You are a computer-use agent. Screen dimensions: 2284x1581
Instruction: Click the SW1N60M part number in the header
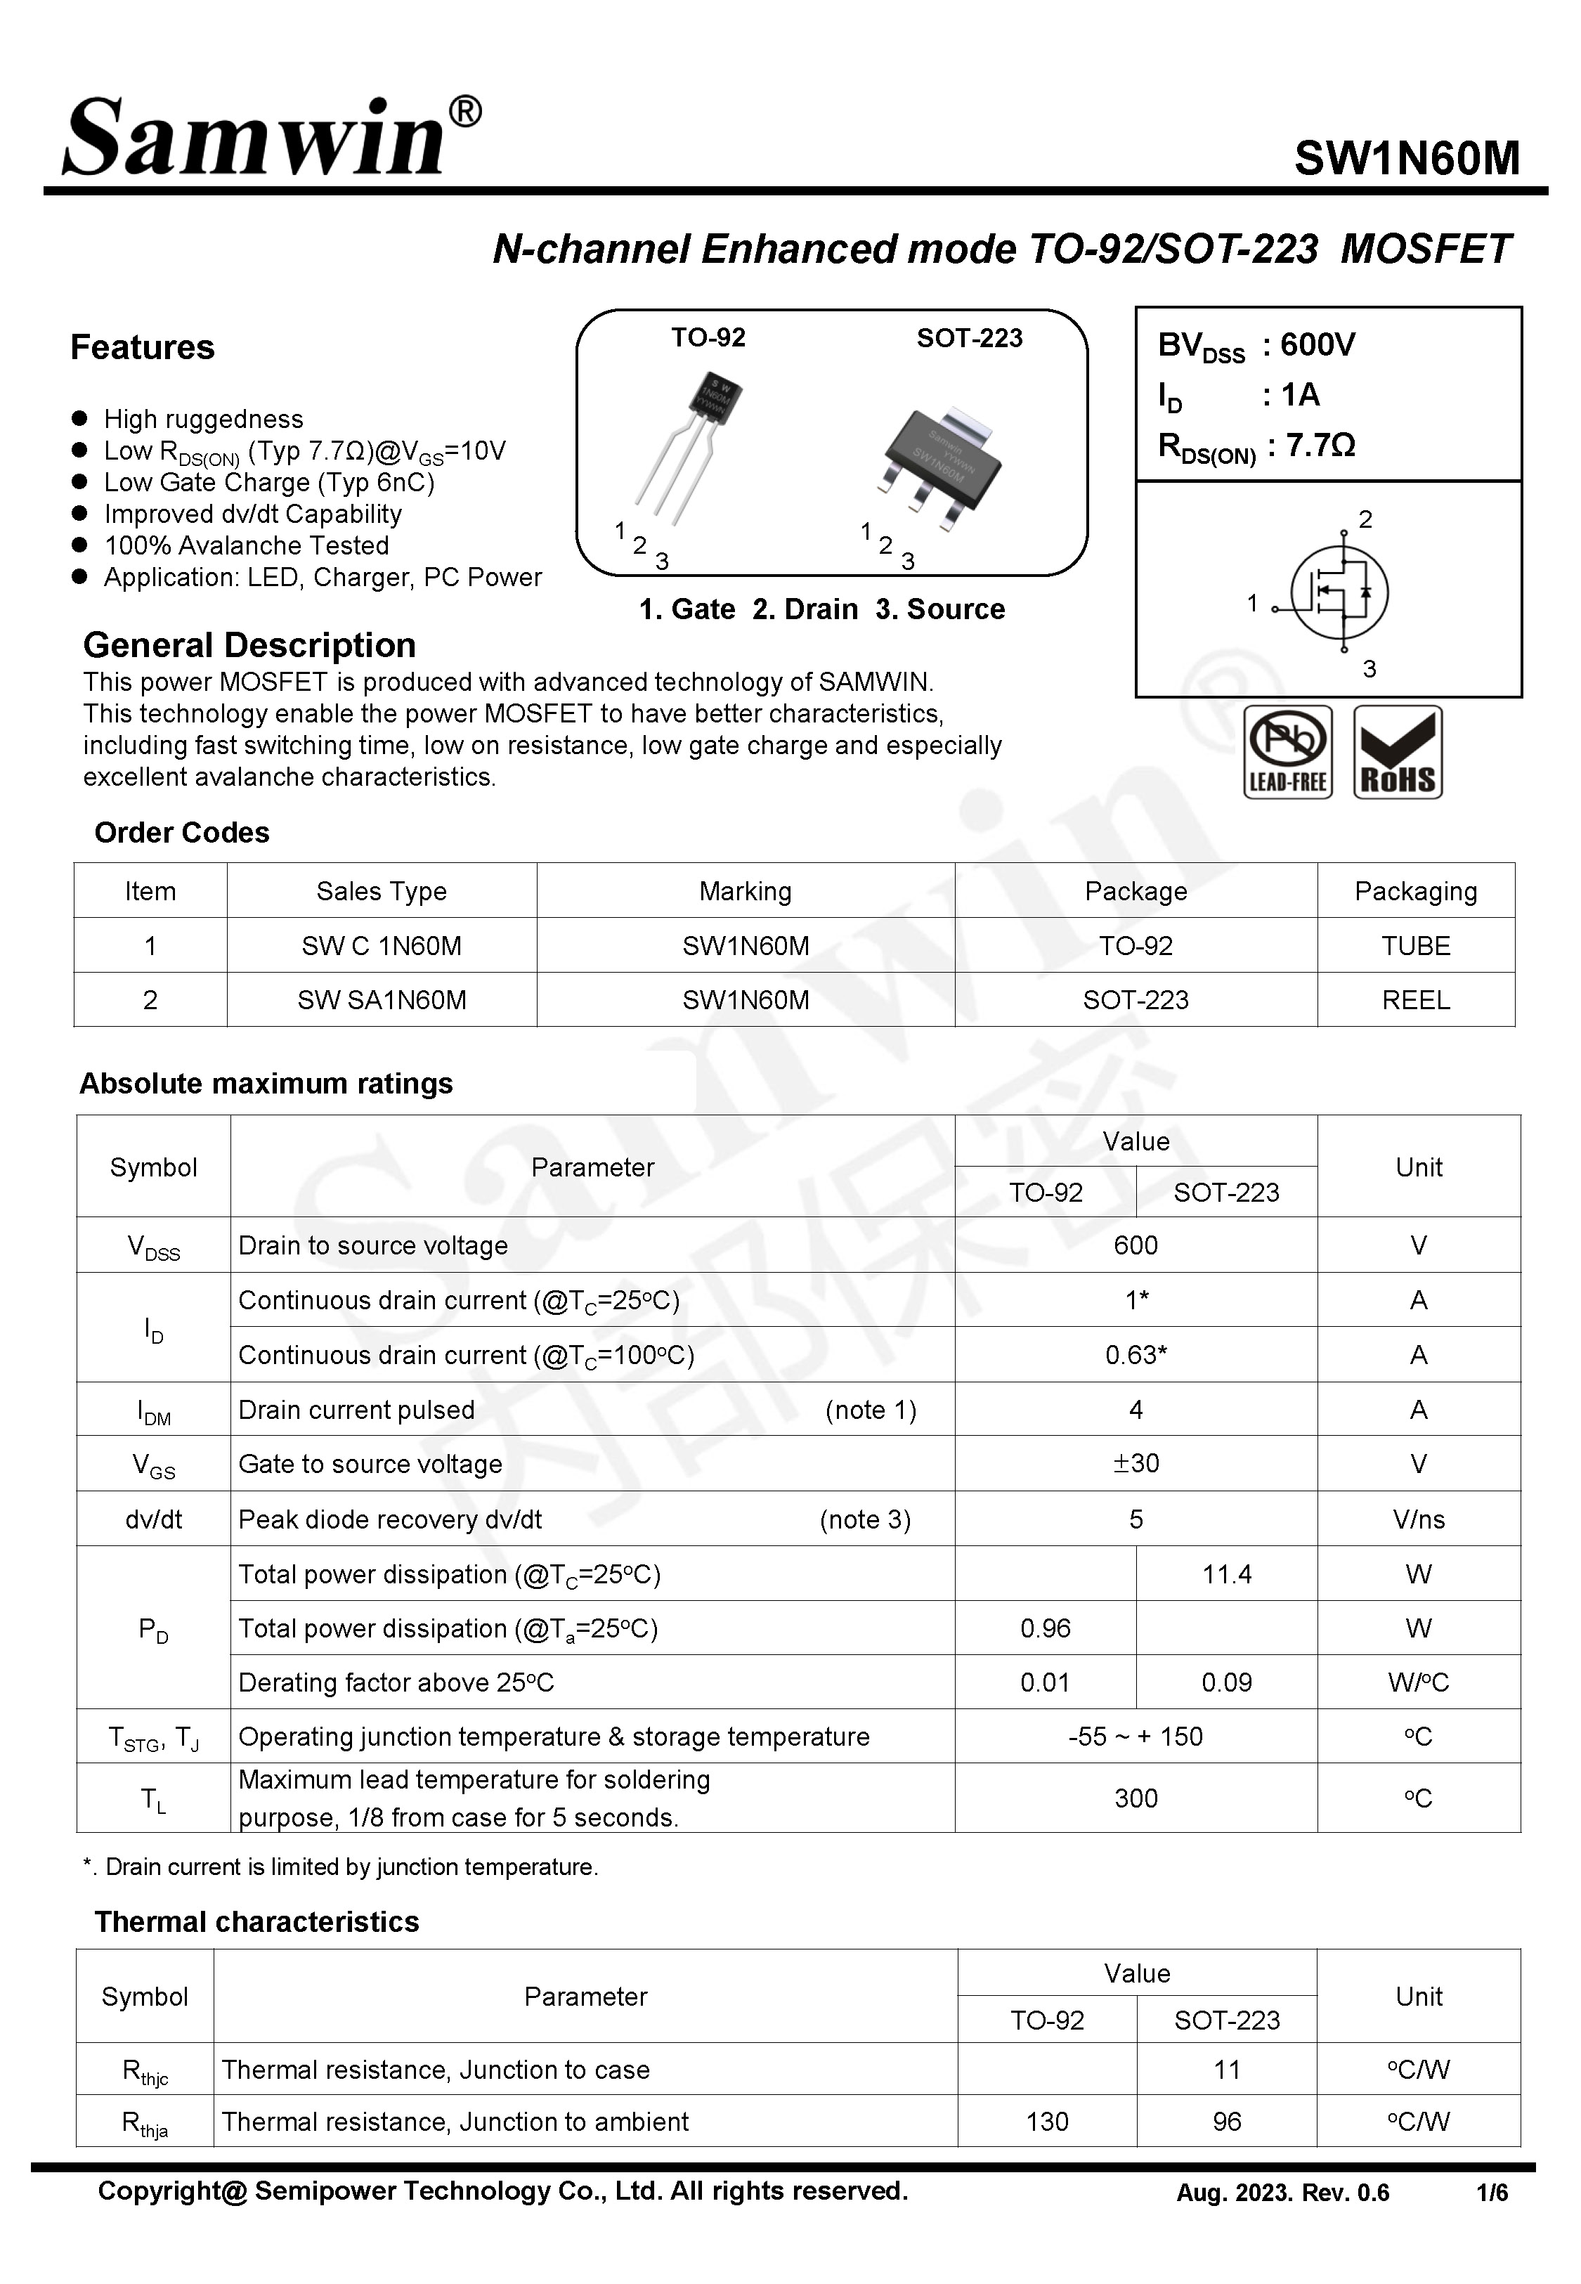1407,158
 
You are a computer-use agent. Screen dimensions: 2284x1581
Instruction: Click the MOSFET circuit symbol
1337,592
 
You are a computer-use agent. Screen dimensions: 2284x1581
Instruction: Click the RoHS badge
1398,752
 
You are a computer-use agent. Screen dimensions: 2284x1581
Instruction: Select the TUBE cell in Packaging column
1416,946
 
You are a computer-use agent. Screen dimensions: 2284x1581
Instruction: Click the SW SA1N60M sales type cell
382,1000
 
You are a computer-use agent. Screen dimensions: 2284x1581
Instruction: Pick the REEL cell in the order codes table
1416,1000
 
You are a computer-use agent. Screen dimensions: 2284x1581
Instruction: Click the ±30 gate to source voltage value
1136,1463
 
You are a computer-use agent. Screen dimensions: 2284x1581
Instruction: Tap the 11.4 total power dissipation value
1226,1574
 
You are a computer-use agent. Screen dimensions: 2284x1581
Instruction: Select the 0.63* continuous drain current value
1136,1355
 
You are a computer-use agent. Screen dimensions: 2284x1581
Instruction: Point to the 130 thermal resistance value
1047,2122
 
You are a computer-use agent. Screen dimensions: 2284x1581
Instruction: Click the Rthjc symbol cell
145,2070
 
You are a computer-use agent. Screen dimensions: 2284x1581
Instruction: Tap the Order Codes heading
181,833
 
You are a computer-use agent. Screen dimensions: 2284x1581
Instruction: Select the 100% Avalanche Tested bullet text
246,546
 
